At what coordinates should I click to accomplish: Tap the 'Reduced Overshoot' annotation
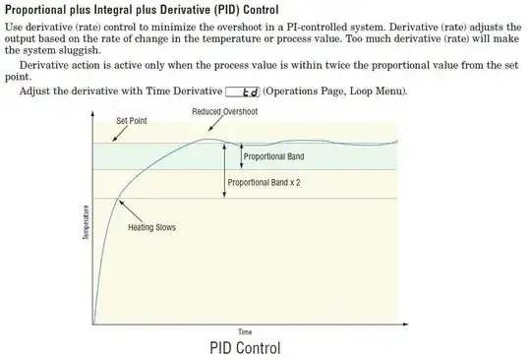click(225, 111)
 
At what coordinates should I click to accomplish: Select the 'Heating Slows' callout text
click(151, 228)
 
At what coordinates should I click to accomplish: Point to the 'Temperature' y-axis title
click(86, 222)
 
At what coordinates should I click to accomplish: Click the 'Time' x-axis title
click(245, 331)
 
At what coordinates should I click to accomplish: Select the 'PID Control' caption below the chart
click(245, 348)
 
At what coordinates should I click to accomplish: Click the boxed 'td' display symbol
click(242, 92)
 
